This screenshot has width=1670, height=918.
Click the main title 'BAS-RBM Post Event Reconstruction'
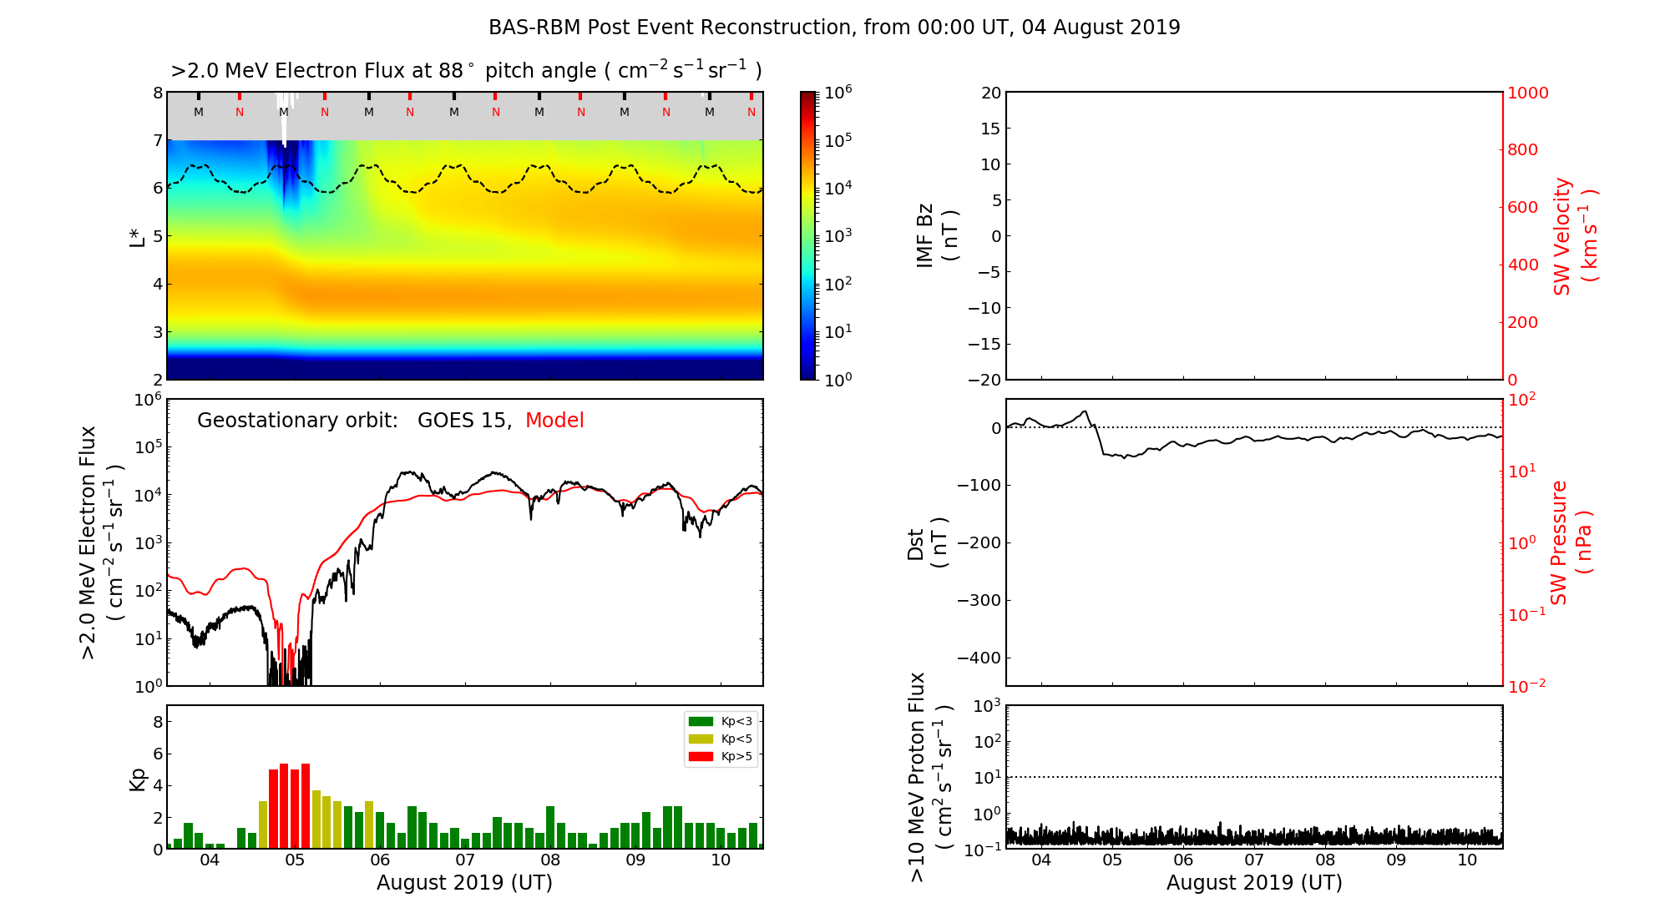click(x=833, y=28)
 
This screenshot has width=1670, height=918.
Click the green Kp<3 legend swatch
click(x=701, y=721)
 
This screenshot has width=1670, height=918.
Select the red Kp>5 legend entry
click(x=720, y=757)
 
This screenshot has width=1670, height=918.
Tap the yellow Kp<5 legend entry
click(x=720, y=739)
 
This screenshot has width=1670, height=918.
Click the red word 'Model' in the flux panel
click(x=554, y=421)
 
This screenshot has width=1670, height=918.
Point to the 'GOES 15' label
click(x=463, y=421)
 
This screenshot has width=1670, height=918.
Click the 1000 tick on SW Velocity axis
click(x=1527, y=93)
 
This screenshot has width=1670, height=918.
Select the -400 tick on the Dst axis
click(x=978, y=658)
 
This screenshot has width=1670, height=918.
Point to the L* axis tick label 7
click(x=157, y=140)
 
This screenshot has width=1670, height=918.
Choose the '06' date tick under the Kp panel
click(x=380, y=860)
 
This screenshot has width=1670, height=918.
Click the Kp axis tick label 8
click(x=157, y=722)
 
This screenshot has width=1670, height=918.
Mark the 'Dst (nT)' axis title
click(x=927, y=543)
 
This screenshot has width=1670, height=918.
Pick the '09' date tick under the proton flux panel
click(x=1396, y=860)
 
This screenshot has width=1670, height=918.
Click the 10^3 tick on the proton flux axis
click(x=988, y=707)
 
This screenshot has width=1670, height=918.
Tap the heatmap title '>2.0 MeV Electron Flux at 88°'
click(x=466, y=71)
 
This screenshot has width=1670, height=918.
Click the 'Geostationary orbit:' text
click(x=297, y=421)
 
